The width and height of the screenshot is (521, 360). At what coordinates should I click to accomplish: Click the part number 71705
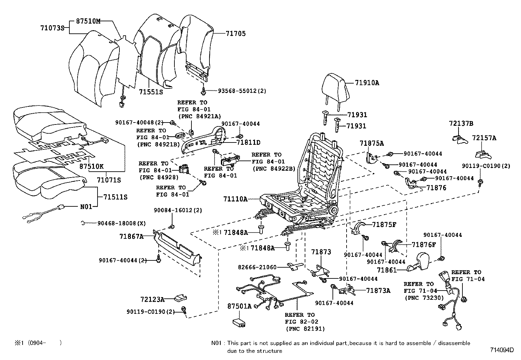click(x=236, y=34)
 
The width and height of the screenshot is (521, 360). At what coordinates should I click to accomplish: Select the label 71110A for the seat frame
click(x=235, y=199)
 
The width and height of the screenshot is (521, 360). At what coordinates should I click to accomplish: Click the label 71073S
click(x=52, y=28)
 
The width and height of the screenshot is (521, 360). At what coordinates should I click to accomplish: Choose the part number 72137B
click(x=461, y=124)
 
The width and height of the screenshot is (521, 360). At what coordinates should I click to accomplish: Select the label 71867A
click(x=131, y=236)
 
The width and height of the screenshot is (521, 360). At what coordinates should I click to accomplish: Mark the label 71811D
click(x=248, y=142)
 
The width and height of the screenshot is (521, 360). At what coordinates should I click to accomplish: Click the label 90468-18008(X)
click(x=121, y=223)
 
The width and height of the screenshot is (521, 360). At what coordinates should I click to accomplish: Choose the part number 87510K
click(x=91, y=166)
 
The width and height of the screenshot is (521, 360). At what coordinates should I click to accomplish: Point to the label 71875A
click(x=372, y=143)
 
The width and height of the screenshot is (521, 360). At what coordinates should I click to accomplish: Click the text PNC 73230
click(x=424, y=298)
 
